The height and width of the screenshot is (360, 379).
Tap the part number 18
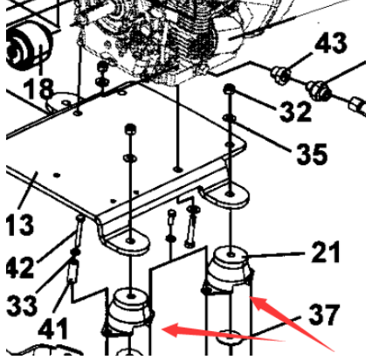coord(39,88)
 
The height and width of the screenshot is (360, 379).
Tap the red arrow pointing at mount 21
coord(288,318)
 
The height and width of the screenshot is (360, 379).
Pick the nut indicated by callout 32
coord(230,90)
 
